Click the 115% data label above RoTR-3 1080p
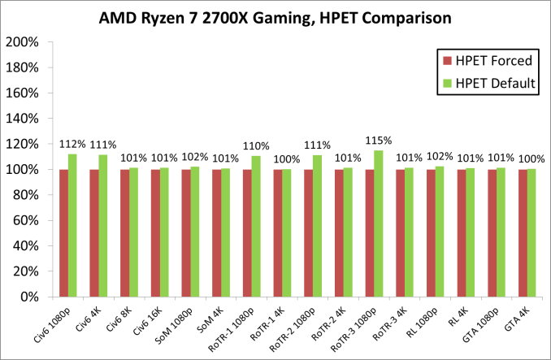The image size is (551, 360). coord(378,140)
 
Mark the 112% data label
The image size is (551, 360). coord(72,144)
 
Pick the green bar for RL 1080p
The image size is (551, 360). coord(440,231)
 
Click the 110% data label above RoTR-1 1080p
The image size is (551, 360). coord(256,146)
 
